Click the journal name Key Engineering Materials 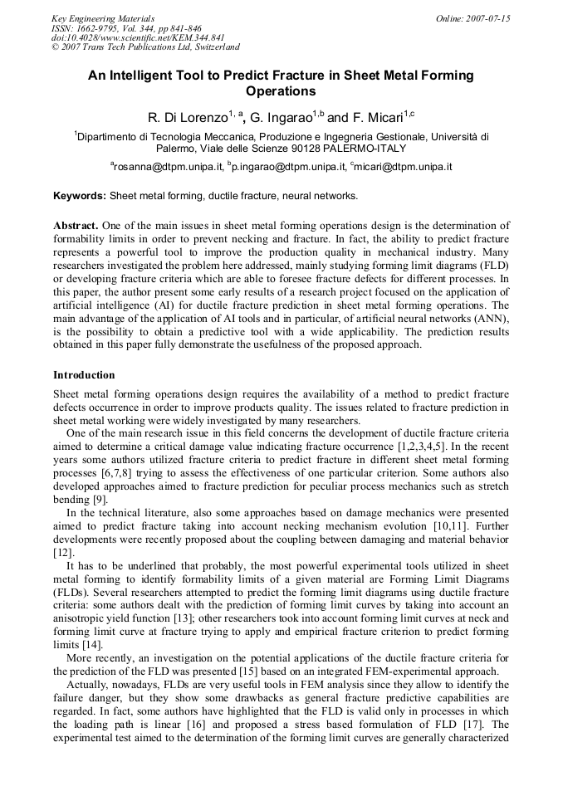[103, 18]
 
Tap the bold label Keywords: [80, 197]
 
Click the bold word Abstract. [76, 226]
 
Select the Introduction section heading [84, 375]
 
